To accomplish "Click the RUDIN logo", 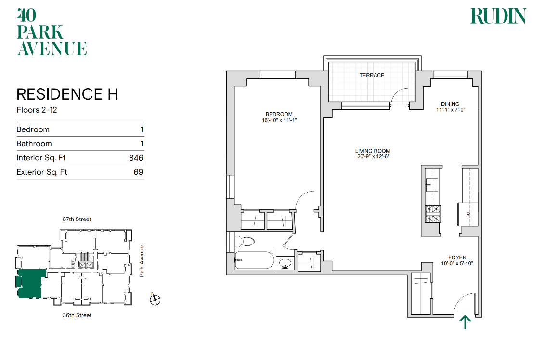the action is click(498, 16).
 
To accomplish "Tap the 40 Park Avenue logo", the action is click(52, 32).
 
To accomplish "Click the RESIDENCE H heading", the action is click(67, 94).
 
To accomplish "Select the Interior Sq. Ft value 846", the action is click(136, 158).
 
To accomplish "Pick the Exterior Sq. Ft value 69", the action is click(138, 172).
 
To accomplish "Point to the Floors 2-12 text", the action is click(37, 110).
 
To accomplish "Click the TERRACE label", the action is click(372, 75).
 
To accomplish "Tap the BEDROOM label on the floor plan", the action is click(279, 114).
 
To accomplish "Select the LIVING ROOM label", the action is click(373, 151).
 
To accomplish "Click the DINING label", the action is click(450, 104).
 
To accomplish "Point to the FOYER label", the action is click(457, 257).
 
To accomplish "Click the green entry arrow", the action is click(465, 322).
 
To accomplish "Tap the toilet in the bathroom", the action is click(245, 241).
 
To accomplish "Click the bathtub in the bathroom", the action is click(254, 260).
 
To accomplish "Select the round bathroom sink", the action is click(285, 263).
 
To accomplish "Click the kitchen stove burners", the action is click(433, 214).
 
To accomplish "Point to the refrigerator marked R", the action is click(467, 214).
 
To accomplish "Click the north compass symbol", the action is click(155, 299).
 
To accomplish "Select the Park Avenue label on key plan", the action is click(142, 261).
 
